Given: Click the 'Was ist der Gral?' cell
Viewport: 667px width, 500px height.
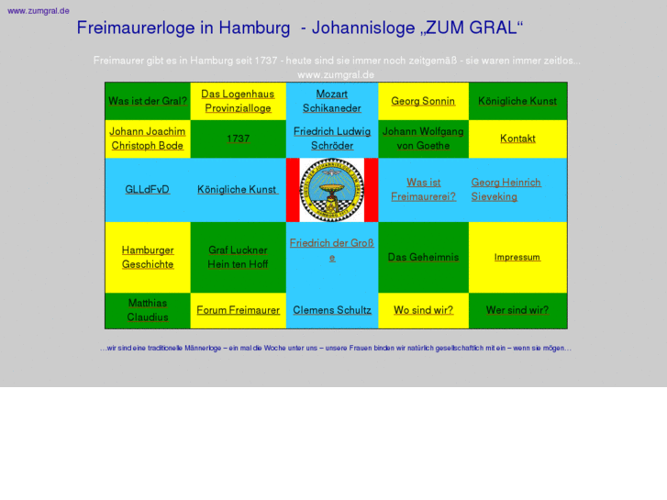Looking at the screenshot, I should point(148,101).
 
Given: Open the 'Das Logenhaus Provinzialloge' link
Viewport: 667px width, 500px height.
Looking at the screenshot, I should point(238,101).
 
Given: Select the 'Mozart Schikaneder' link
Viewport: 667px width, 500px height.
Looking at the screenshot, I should point(331,101).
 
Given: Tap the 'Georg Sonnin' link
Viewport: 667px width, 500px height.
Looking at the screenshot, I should point(423,101).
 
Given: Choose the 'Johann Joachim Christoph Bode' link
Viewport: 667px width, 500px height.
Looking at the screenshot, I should point(148,139).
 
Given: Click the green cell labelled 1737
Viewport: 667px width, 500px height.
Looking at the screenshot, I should point(238,139).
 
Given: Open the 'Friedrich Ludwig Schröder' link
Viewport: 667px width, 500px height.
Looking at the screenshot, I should point(332,139).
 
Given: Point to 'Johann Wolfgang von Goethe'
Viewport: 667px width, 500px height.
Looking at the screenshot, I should point(423,139).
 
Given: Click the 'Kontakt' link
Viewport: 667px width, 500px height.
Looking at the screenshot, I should point(517,139).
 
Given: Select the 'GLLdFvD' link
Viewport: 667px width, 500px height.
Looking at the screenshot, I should point(148,190).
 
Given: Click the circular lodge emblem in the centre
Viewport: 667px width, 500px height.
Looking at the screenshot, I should point(332,190).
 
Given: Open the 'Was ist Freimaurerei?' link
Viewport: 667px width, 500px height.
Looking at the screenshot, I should point(423,190).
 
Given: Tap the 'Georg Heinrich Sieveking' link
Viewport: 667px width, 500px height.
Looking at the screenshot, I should point(506,190).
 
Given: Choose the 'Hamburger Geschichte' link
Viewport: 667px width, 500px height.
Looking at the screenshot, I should point(148,257).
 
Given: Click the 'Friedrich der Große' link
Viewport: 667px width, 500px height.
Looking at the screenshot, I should point(332,250).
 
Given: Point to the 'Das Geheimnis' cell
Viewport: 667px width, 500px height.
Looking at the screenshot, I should point(423,257).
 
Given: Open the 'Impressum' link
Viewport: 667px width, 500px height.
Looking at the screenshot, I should point(517,257).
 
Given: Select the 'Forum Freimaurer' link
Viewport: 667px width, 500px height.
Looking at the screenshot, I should point(238,310).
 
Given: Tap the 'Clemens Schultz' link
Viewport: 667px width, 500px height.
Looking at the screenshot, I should point(332,310).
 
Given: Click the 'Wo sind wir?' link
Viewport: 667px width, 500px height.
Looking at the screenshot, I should point(423,310).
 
